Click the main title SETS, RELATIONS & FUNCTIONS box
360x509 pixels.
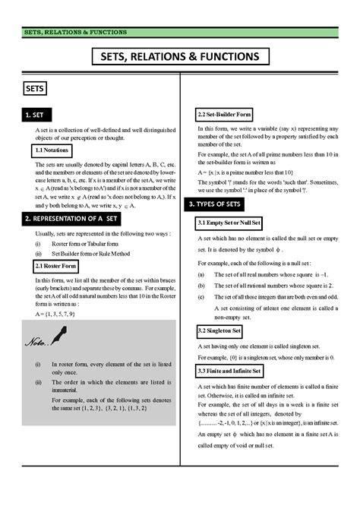[x=179, y=57]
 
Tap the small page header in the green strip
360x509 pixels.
[x=75, y=33]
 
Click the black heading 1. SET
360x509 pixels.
[x=38, y=115]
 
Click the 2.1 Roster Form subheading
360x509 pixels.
[x=55, y=267]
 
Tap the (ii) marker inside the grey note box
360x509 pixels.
[x=38, y=382]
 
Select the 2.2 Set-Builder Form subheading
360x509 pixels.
[x=224, y=115]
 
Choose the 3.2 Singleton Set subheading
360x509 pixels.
[x=219, y=331]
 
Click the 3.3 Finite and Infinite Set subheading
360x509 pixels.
[x=230, y=370]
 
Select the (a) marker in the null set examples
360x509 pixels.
[x=200, y=274]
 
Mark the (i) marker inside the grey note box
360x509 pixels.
[x=38, y=365]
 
